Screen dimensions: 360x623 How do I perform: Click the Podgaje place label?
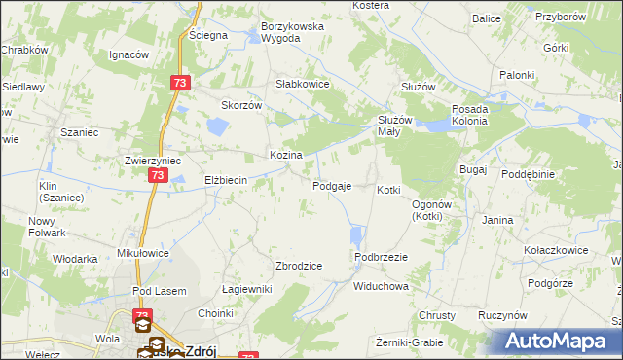pos(332,186)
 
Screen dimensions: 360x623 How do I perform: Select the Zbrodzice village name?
pos(299,266)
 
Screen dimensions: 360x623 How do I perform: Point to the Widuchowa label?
pos(381,287)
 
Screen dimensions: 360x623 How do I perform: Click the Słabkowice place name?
pos(303,85)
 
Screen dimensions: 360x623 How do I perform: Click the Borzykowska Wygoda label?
pos(292,32)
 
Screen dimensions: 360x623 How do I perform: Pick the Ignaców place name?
pos(128,54)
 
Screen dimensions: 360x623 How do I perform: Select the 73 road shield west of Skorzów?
pos(178,84)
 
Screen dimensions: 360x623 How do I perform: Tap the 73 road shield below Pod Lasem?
pos(143,316)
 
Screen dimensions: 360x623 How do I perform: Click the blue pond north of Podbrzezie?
pos(356,236)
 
